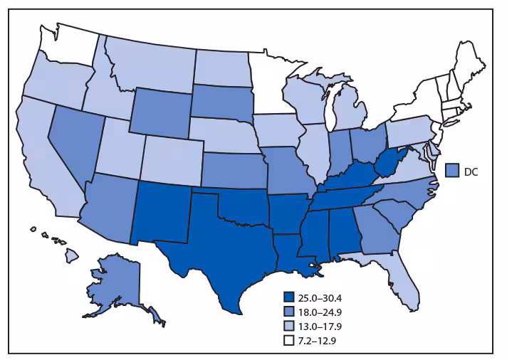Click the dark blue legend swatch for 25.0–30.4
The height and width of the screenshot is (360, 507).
[288, 297]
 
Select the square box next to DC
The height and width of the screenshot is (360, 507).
[451, 169]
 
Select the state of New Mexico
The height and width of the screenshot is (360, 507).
[162, 211]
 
